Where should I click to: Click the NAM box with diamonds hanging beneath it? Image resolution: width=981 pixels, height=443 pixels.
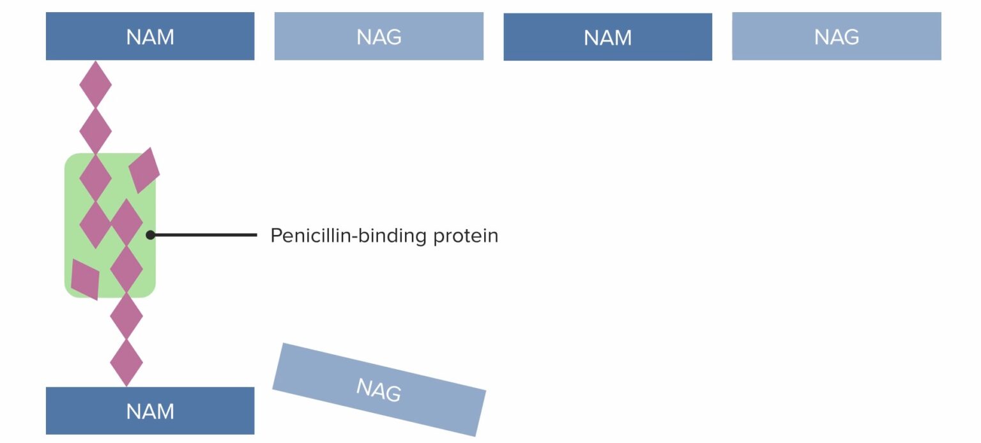point(150,36)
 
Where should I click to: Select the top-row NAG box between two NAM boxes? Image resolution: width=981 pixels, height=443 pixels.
point(379,36)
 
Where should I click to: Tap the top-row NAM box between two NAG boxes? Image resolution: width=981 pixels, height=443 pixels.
point(607,37)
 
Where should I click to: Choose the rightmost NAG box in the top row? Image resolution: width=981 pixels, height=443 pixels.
point(836,36)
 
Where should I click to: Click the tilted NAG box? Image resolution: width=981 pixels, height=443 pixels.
point(379,389)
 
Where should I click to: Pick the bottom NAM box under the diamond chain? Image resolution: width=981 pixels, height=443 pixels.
point(150,410)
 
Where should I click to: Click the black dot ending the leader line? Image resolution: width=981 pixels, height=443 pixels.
point(151,235)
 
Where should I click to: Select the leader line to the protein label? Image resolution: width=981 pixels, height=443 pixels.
point(204,235)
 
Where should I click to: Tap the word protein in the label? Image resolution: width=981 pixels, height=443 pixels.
point(466,236)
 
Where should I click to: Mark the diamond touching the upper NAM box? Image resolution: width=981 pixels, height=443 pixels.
point(95,84)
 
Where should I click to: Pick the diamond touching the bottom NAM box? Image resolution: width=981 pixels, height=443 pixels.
point(126,363)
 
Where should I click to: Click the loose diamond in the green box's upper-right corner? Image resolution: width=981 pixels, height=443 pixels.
point(144,170)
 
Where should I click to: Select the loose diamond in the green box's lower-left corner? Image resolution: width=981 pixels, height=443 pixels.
point(85,279)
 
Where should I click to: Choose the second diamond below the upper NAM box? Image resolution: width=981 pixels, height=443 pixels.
point(95,130)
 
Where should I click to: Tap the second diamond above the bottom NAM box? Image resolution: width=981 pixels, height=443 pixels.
point(126,316)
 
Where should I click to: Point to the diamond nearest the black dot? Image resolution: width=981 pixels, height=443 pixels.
point(126,222)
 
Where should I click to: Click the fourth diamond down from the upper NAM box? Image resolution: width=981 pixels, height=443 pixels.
point(95,224)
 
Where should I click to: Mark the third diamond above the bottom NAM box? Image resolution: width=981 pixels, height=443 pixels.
point(126,269)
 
